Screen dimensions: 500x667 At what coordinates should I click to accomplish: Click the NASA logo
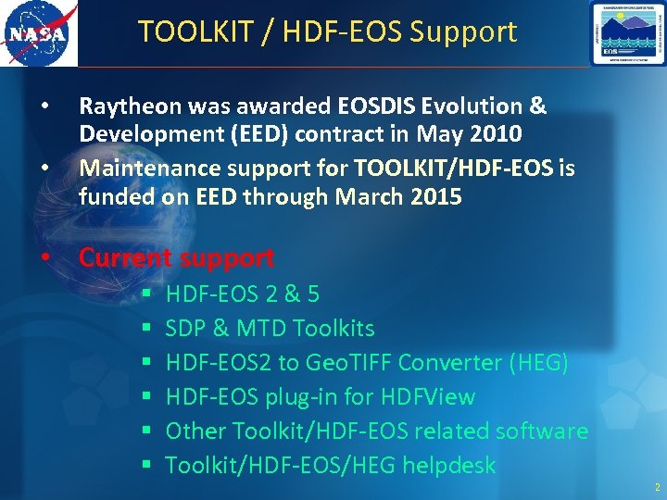39,33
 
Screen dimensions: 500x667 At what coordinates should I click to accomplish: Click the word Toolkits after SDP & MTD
333,329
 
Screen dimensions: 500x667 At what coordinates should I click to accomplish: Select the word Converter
448,363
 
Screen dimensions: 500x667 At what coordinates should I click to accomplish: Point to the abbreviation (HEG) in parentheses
539,363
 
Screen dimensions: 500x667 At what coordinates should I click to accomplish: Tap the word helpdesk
448,465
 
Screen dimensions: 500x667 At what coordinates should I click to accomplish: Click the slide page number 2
657,487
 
